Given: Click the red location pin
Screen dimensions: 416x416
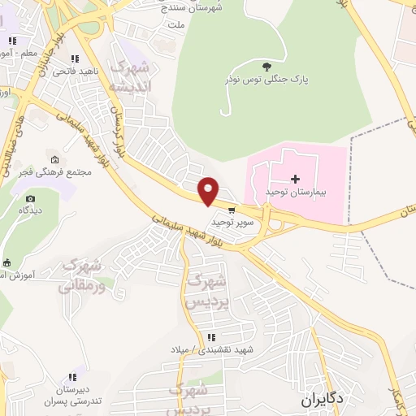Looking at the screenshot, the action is [x=209, y=190].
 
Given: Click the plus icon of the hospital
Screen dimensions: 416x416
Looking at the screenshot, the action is [x=294, y=178].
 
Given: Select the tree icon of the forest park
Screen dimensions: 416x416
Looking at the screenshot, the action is [x=267, y=66].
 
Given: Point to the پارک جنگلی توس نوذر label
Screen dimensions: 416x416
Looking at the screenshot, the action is [x=266, y=80].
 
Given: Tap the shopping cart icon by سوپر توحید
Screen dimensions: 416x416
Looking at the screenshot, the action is [x=232, y=210].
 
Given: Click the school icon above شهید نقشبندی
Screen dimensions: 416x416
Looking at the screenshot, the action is [x=211, y=337].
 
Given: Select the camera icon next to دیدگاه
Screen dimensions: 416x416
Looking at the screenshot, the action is [x=30, y=198].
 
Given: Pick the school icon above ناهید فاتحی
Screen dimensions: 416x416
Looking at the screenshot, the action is [x=76, y=58].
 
